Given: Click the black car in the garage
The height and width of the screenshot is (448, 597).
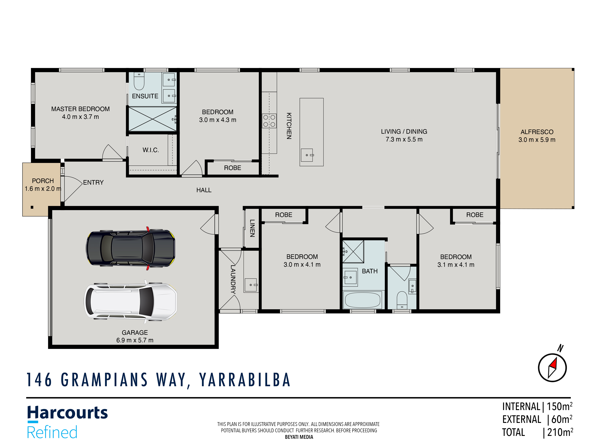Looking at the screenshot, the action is coord(131,248).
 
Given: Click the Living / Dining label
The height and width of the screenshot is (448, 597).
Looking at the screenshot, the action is coord(404,132).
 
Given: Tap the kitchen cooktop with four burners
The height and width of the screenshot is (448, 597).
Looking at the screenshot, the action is coord(269,121).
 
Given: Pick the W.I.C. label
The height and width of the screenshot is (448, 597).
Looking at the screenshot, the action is coord(151,150).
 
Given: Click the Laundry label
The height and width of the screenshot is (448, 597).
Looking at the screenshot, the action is coord(233,279).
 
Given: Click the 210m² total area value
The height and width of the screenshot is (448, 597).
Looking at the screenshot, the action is coord(560,432).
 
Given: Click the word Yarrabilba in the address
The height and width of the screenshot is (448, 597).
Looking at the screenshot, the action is coord(245,380).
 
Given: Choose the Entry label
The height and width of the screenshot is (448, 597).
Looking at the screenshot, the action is coord(93,183).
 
